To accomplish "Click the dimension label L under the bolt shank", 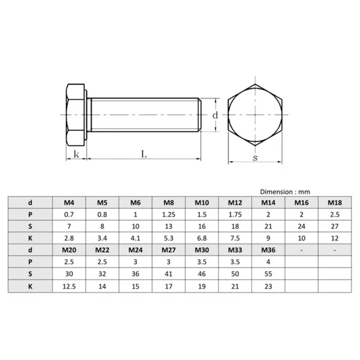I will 143,154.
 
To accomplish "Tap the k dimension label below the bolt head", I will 76,154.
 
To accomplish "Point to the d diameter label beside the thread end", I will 215,114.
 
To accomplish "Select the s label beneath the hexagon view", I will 255,158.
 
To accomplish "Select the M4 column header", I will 70,203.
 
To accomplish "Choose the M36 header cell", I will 268,250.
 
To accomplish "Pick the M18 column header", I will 334,203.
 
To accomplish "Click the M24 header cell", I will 136,250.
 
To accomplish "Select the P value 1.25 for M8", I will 169,214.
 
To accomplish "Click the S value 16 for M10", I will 202,226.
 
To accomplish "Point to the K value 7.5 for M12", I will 235,238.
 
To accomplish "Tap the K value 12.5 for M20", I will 70,286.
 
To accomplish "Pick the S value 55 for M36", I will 268,274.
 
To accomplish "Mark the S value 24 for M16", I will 301,226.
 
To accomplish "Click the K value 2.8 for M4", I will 70,238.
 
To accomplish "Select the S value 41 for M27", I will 169,274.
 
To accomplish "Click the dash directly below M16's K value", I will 301,250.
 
